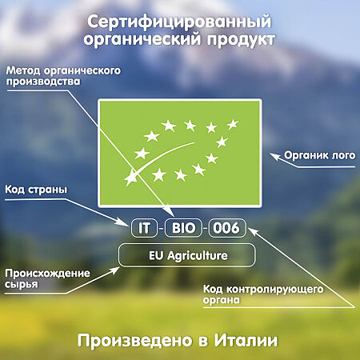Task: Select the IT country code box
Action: click(x=146, y=228)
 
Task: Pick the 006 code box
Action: click(x=225, y=228)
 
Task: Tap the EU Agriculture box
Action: click(x=187, y=256)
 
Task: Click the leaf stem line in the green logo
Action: click(x=157, y=156)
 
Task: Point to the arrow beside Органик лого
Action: click(x=280, y=155)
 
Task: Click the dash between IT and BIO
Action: click(x=164, y=229)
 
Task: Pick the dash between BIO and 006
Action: click(x=205, y=229)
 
